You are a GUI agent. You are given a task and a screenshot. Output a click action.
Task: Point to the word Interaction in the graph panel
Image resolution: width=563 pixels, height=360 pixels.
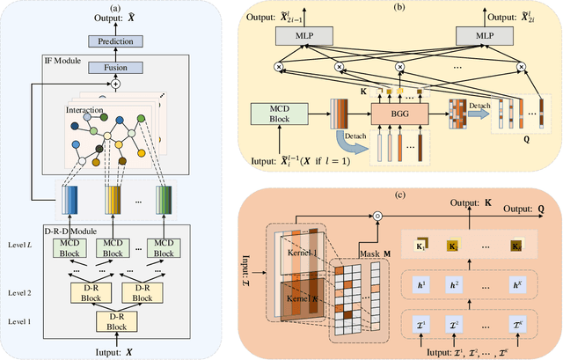click(85, 110)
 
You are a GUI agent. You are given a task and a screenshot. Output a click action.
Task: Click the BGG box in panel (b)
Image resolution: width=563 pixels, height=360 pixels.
click(395, 114)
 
